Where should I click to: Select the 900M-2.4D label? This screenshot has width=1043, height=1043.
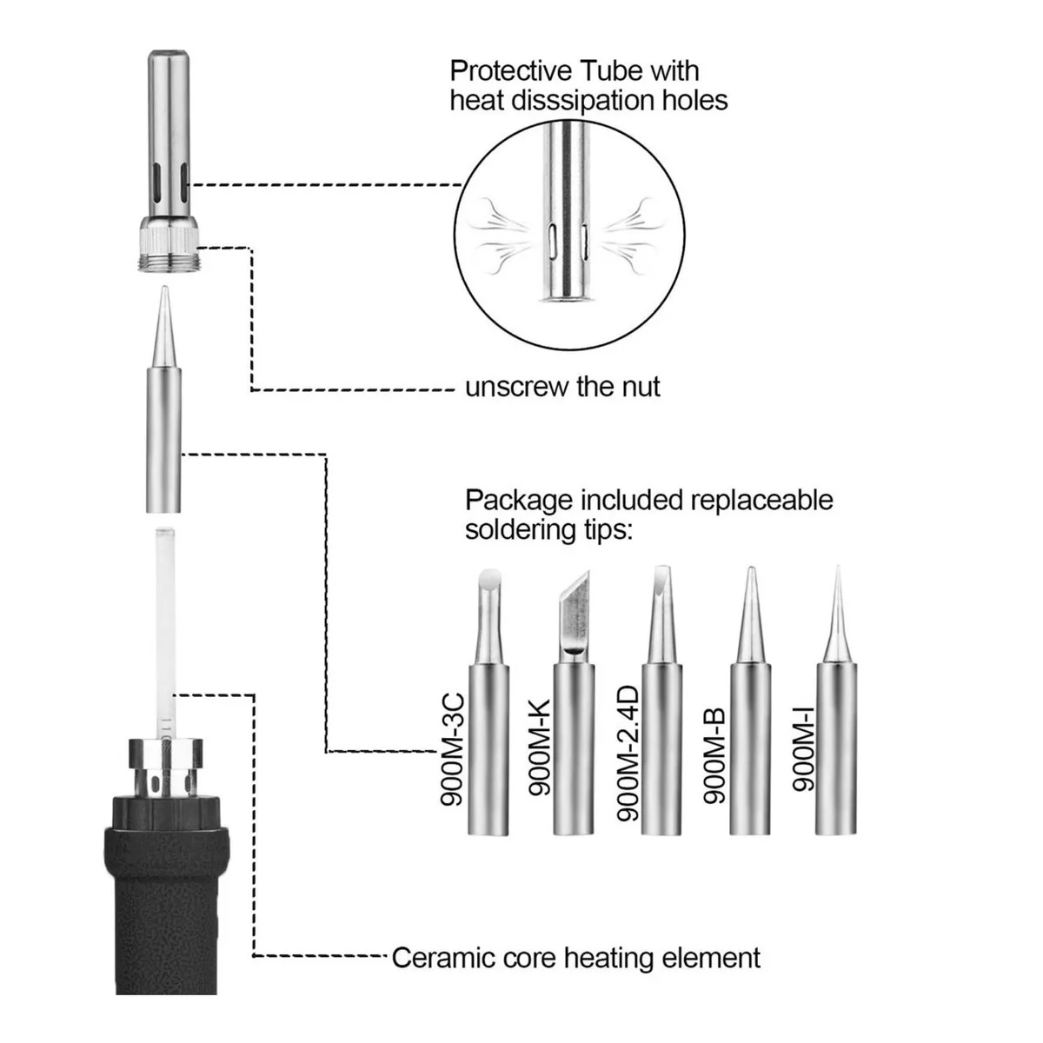(x=628, y=754)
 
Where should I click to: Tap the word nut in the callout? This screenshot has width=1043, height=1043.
(x=636, y=386)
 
